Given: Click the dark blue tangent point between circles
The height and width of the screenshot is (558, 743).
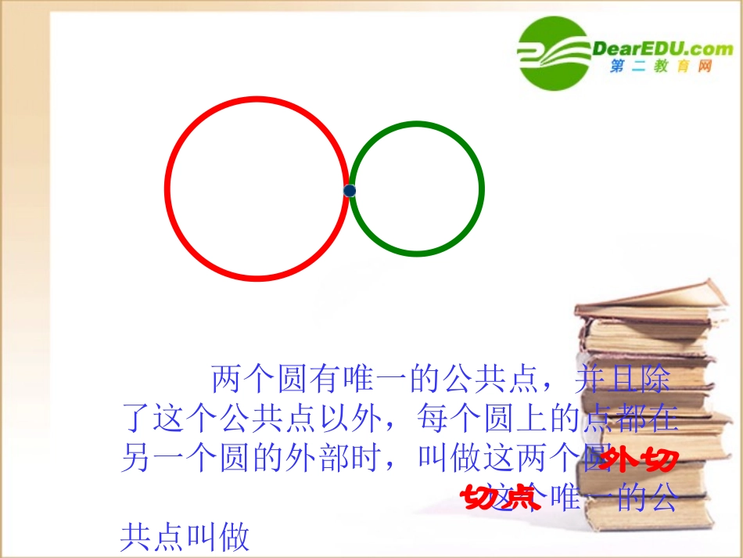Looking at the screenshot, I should click(x=350, y=190).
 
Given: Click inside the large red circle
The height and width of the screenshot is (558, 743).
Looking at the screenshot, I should click(x=257, y=189).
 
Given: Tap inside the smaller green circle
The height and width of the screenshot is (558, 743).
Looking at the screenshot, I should click(x=417, y=189).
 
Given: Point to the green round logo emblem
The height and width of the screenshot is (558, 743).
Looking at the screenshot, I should click(x=553, y=52).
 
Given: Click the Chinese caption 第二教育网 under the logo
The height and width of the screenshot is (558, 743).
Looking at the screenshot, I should click(x=661, y=68).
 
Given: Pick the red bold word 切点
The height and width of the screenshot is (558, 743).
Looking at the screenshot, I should click(x=500, y=498).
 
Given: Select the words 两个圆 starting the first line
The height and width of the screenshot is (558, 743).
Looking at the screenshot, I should click(x=254, y=380).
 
